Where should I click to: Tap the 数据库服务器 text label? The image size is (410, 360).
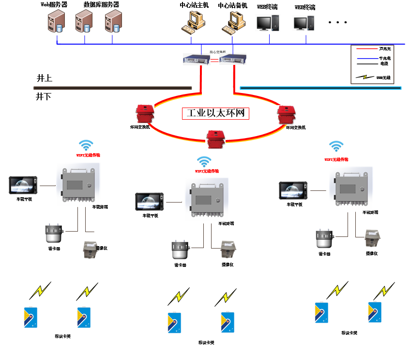(x=101, y=5)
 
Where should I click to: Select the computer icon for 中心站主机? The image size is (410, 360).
(x=193, y=23)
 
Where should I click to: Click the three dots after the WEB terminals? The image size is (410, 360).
(x=338, y=22)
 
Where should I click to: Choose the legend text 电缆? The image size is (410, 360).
(x=384, y=63)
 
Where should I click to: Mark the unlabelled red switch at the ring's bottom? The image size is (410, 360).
(x=215, y=139)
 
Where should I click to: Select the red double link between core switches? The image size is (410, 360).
(x=214, y=60)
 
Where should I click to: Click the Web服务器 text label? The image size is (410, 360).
(x=54, y=5)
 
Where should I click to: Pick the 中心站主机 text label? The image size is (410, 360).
(x=194, y=6)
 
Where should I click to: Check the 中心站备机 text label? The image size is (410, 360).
(x=233, y=6)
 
